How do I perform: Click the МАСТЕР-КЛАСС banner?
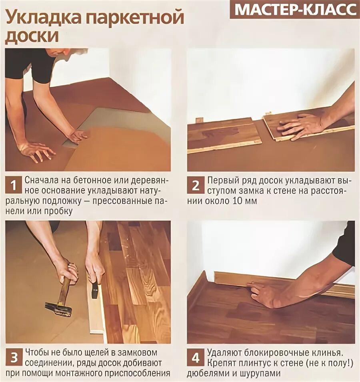click(x=295, y=10)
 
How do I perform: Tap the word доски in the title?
click(x=32, y=36)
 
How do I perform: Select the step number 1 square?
click(x=13, y=185)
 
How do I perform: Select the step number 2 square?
click(x=195, y=185)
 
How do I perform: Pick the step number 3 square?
click(x=13, y=358)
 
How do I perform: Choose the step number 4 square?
click(x=195, y=358)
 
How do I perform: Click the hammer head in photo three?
click(x=58, y=308)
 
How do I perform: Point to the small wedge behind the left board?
click(x=199, y=121)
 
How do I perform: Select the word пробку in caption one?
click(x=58, y=211)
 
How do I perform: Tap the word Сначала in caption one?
click(x=41, y=180)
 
